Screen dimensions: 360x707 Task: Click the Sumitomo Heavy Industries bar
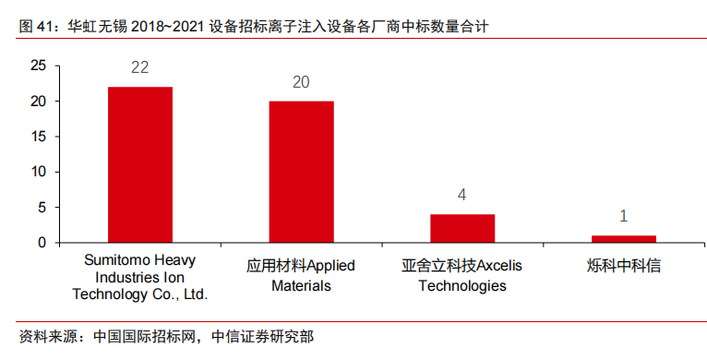140,164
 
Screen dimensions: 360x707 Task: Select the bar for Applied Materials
301,172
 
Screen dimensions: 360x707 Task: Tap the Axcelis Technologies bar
462,228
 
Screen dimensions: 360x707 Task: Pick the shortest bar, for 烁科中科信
623,238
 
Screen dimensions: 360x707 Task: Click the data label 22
140,67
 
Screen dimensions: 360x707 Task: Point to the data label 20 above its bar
301,82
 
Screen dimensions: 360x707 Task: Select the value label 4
462,196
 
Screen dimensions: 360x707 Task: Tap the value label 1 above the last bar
623,217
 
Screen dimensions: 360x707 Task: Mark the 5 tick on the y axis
42,208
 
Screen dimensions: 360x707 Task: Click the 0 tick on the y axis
42,243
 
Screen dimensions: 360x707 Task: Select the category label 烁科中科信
623,266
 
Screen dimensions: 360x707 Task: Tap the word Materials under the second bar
301,285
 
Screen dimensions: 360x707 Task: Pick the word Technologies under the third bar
462,285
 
